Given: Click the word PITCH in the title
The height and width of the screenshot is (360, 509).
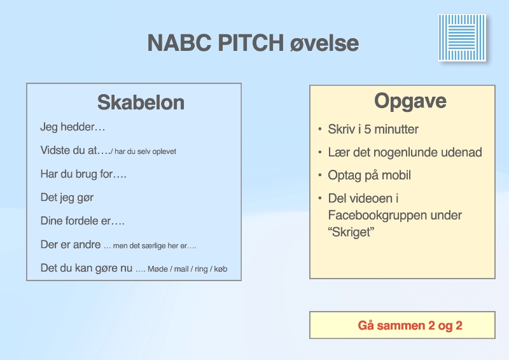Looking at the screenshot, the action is [251, 43].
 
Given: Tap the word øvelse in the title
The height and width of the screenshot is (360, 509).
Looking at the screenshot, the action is [324, 43].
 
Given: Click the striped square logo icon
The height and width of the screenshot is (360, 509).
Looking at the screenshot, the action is [463, 38].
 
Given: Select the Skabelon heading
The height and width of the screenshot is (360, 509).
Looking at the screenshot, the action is [141, 102].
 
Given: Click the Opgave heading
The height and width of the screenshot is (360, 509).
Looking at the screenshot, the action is [410, 101].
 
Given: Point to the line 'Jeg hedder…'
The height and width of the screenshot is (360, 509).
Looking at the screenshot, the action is [73, 127].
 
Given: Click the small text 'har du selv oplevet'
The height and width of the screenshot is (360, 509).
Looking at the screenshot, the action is [146, 151].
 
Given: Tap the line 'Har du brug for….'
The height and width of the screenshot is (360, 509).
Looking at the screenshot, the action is [83, 174].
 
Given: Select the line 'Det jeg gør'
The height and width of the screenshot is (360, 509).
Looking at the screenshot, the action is [67, 198].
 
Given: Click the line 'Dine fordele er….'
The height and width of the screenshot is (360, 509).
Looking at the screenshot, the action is [83, 221].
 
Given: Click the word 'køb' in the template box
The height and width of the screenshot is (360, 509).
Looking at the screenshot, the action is [221, 269].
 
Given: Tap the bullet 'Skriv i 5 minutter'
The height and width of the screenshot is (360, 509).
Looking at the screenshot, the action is [373, 129].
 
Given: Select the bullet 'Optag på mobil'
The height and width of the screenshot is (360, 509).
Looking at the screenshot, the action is [370, 176].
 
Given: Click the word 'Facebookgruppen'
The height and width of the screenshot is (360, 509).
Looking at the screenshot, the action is [395, 215].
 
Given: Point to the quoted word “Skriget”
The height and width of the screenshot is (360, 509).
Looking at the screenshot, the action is [351, 232].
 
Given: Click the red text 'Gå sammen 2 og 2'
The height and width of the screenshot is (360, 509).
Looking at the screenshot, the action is [410, 325].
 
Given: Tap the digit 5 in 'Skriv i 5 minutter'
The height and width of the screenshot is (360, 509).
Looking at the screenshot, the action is [368, 129].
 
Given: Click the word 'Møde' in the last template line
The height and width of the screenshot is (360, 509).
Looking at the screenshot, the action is [157, 269].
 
